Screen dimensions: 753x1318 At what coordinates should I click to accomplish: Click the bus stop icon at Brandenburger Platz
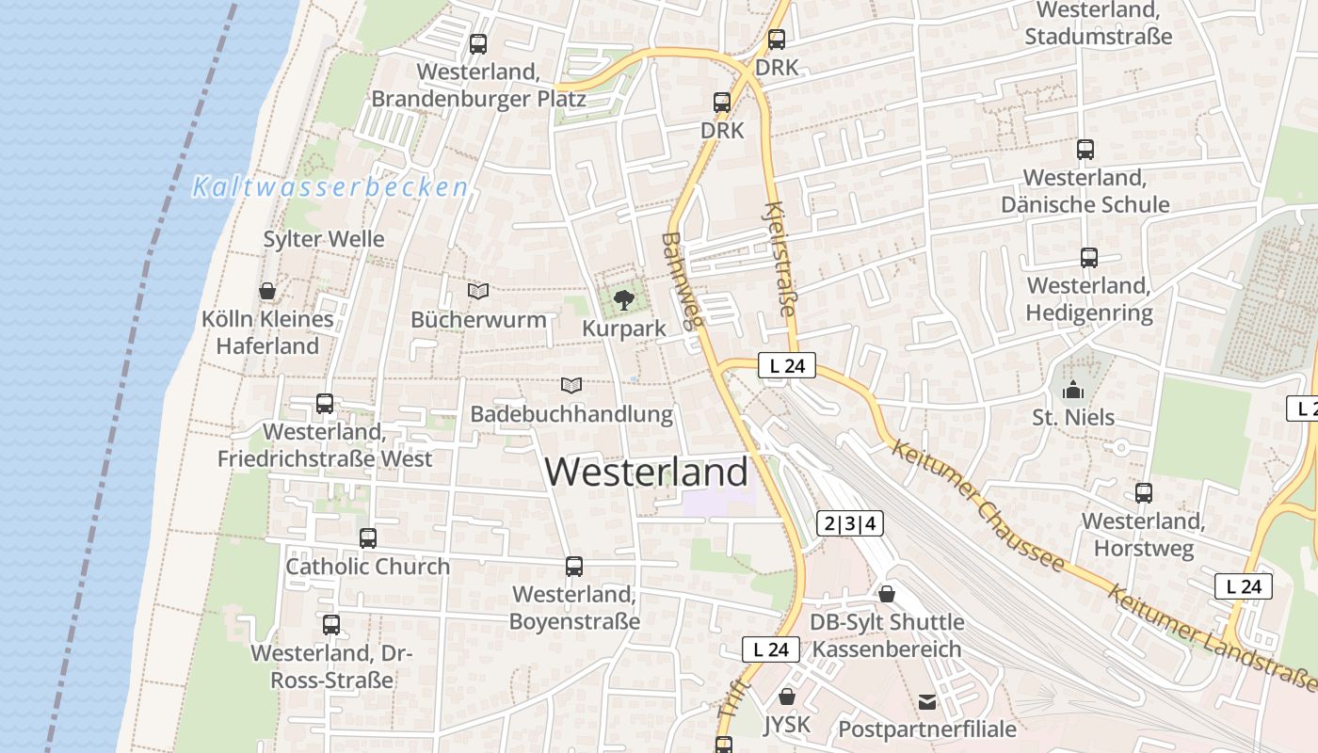click(478, 43)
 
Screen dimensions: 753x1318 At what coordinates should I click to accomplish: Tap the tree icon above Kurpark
click(623, 300)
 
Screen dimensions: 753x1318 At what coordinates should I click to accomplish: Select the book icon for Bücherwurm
click(478, 292)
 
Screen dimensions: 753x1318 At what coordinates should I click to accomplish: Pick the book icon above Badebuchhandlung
click(571, 385)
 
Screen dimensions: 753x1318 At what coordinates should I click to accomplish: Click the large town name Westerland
click(647, 472)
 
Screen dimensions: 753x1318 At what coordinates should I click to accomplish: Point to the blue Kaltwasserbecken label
click(330, 188)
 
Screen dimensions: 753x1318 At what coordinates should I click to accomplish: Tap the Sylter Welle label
click(324, 239)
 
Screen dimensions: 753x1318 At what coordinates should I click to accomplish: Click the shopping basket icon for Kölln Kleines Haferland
click(267, 291)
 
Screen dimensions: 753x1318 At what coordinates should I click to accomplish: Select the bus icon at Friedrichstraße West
click(325, 404)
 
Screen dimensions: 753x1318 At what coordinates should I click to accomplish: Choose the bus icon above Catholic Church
click(368, 538)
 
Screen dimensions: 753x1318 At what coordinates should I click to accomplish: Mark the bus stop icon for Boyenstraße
click(574, 567)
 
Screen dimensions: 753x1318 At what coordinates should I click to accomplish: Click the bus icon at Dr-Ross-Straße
click(331, 625)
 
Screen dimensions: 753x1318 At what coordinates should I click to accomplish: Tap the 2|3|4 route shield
click(850, 524)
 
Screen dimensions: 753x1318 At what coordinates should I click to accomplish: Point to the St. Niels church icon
click(1073, 390)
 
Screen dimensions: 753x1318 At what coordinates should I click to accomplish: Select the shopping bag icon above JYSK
click(787, 697)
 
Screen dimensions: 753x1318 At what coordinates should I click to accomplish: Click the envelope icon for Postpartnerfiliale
click(927, 701)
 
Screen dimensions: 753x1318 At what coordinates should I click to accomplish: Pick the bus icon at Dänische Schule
click(1085, 150)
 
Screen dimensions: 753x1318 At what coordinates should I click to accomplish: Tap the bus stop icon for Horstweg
click(1144, 493)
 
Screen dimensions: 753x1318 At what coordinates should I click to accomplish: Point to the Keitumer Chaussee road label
click(979, 505)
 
